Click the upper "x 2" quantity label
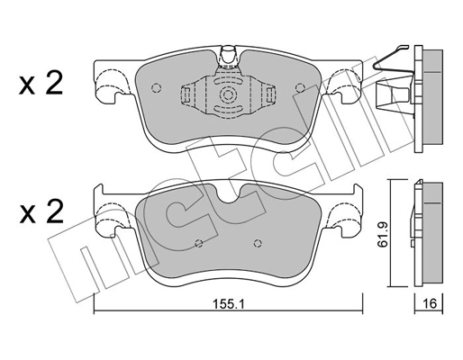click(x=41, y=85)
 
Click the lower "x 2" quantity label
click(x=41, y=213)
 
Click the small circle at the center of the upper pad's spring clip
click(x=228, y=94)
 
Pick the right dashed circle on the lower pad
click(x=259, y=241)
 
